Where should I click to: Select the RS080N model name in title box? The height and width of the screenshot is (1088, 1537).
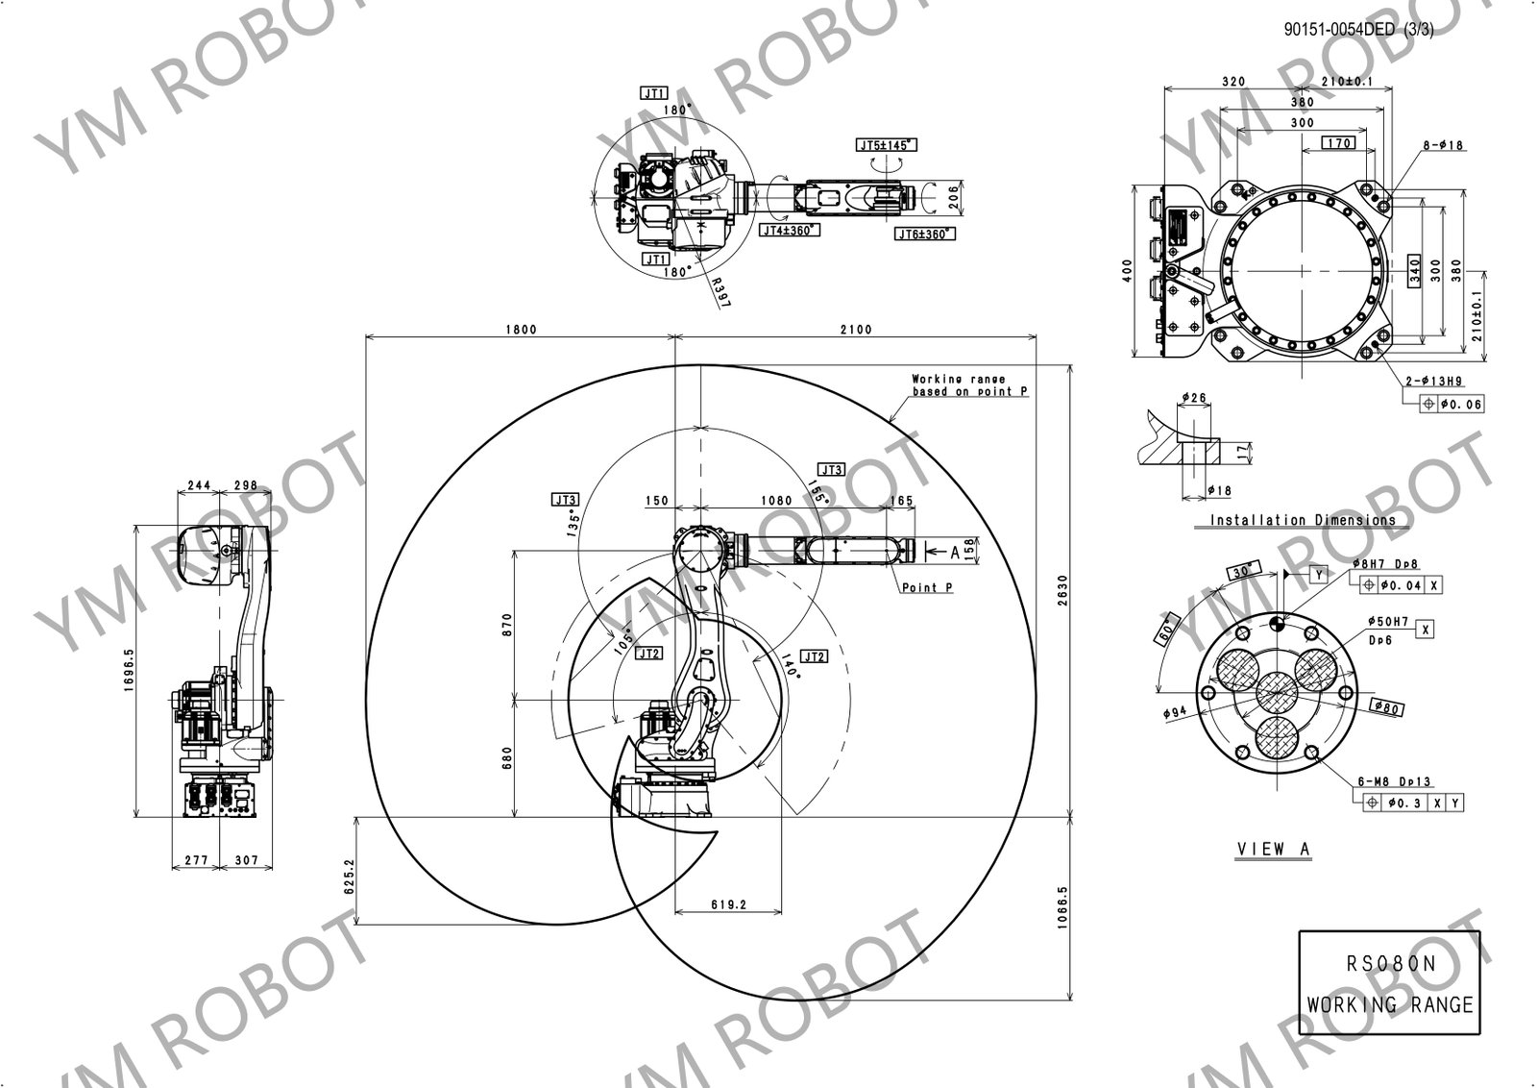(1389, 965)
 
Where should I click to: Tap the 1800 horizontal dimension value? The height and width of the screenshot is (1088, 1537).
(520, 329)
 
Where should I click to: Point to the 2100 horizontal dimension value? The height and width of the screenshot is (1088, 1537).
(855, 329)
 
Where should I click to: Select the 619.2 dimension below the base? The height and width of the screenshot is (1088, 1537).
(729, 904)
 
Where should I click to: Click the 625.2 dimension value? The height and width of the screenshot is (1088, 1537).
(350, 875)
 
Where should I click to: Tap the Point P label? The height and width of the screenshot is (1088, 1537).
(927, 587)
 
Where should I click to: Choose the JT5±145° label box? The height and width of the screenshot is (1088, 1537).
(887, 145)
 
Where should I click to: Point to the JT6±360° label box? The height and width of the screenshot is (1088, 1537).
(924, 234)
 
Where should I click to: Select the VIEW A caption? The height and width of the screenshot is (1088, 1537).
(1273, 849)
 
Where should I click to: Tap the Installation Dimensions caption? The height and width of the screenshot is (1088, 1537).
(1303, 520)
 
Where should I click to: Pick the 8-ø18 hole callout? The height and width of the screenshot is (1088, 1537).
(1443, 145)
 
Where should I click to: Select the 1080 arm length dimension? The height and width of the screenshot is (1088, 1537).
(775, 500)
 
